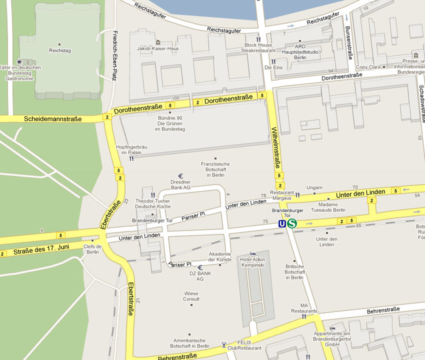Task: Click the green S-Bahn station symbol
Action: click(292, 223)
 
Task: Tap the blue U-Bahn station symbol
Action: click(282, 223)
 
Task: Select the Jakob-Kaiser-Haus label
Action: click(157, 48)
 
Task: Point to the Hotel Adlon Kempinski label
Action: click(252, 262)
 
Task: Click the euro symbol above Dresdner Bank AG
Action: click(180, 176)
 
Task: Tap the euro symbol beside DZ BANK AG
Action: click(200, 267)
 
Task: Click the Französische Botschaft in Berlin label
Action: click(215, 169)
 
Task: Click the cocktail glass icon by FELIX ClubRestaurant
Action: click(223, 344)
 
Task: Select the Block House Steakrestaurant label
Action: click(258, 47)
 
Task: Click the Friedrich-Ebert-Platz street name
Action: click(114, 55)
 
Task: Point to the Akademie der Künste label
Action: click(219, 256)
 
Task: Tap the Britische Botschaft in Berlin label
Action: click(294, 272)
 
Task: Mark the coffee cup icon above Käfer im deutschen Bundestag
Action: click(19, 61)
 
